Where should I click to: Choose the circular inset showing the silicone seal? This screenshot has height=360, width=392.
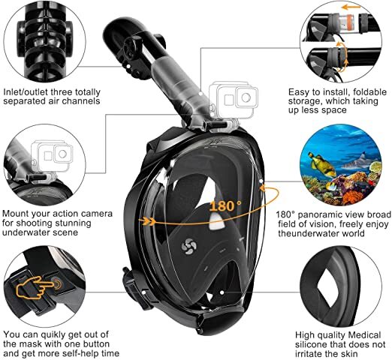345,284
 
